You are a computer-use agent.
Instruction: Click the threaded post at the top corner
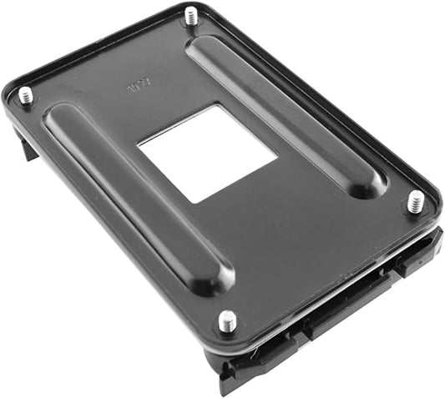click(191, 15)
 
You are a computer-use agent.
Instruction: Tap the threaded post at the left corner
click(26, 95)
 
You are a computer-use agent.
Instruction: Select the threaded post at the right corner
click(415, 201)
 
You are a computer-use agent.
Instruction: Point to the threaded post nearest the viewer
click(227, 320)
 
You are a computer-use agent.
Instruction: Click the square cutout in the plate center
click(207, 153)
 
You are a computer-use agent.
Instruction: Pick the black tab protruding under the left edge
click(26, 148)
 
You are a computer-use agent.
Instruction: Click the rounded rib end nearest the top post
click(201, 47)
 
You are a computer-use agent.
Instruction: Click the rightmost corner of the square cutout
click(276, 154)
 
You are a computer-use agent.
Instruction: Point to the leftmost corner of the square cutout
click(139, 147)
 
